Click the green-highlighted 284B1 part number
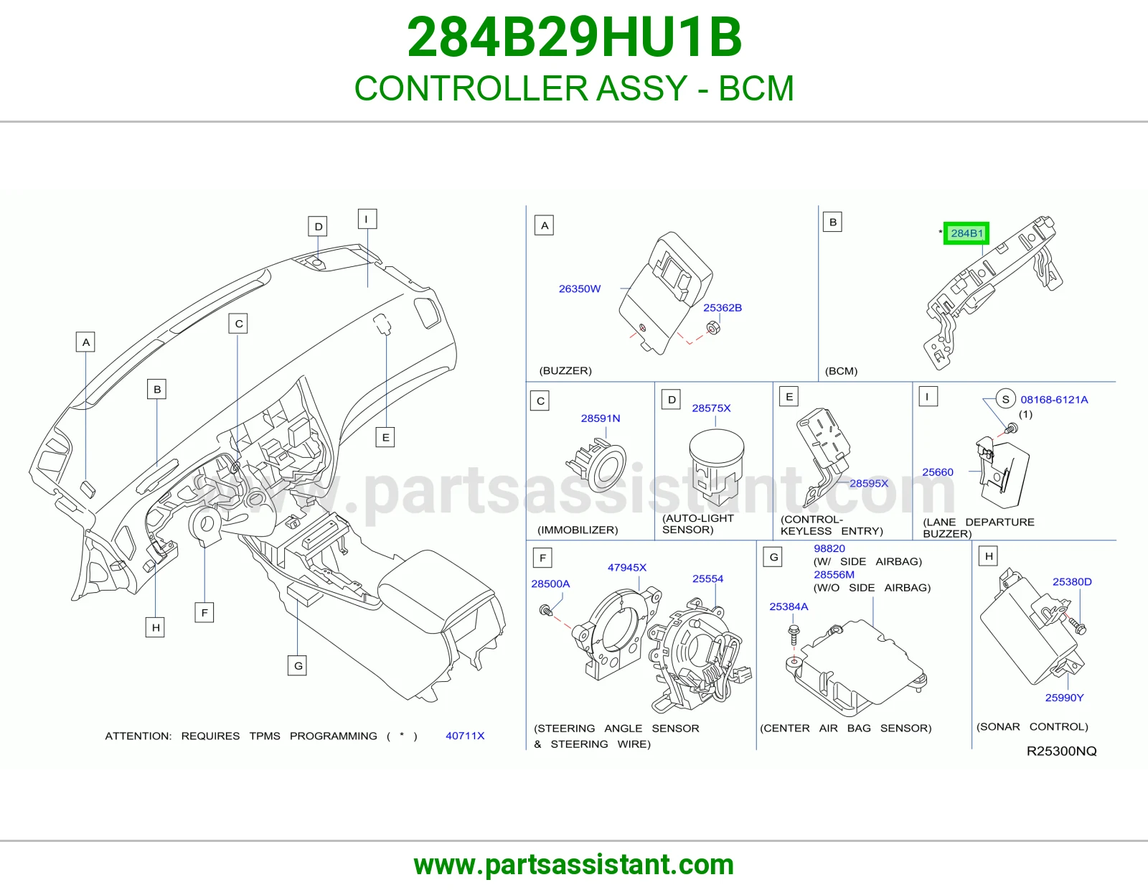click(966, 233)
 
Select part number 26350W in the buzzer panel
click(580, 289)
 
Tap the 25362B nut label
click(723, 308)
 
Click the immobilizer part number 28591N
click(600, 418)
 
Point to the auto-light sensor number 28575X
click(711, 408)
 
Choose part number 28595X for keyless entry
click(868, 483)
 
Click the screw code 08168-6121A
click(1054, 400)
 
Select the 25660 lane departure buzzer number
click(938, 472)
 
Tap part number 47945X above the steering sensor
click(626, 567)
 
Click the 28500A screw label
click(550, 584)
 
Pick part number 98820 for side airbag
click(829, 548)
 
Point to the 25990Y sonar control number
click(1064, 698)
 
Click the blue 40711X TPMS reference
click(465, 736)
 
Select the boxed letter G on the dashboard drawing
click(298, 665)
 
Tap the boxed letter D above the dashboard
click(318, 226)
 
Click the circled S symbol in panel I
click(1005, 399)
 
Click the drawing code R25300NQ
click(1061, 751)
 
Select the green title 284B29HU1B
click(574, 37)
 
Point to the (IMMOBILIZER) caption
click(578, 530)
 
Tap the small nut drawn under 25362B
click(712, 328)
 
